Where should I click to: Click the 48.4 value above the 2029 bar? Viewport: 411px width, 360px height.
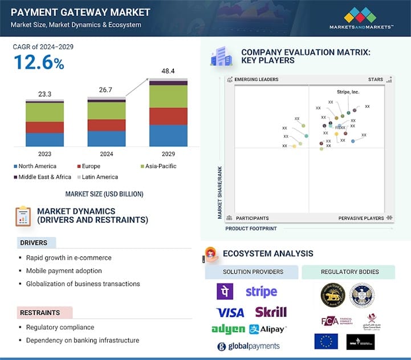(168, 71)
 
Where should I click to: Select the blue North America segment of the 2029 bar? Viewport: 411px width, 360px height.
(168, 136)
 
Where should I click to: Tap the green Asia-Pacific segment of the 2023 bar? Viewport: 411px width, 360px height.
(45, 112)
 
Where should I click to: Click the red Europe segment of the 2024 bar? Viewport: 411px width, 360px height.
(107, 125)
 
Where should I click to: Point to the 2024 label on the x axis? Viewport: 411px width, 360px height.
(107, 154)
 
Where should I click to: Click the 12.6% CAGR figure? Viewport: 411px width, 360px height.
(39, 63)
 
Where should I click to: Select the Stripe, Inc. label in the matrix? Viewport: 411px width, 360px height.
(348, 92)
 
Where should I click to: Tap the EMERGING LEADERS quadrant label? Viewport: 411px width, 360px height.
(256, 80)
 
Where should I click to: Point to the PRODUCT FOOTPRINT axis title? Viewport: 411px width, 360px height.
(251, 228)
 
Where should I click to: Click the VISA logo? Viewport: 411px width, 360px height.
(230, 312)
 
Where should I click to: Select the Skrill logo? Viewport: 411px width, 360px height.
(271, 312)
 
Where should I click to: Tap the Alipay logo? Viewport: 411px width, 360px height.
(267, 329)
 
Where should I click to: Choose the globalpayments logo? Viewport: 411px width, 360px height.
(249, 346)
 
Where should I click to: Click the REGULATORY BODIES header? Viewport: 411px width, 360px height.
(348, 272)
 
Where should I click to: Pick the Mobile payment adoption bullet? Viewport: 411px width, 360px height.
(64, 271)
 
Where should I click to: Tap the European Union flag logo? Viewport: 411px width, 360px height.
(325, 342)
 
